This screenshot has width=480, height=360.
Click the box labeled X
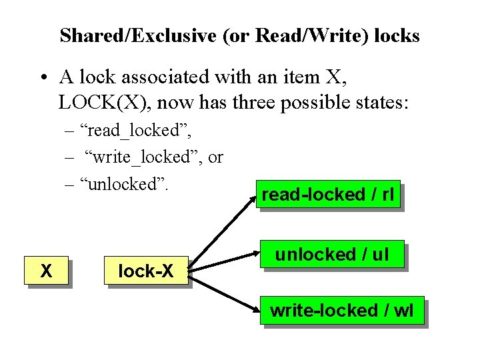point(47,271)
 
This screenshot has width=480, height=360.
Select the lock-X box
point(145,271)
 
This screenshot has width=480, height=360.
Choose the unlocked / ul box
point(331,254)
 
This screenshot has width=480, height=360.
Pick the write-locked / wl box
point(341,310)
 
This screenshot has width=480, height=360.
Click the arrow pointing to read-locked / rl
point(223,229)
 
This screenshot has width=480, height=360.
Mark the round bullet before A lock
point(42,77)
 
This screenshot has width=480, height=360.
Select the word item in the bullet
point(299,77)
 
